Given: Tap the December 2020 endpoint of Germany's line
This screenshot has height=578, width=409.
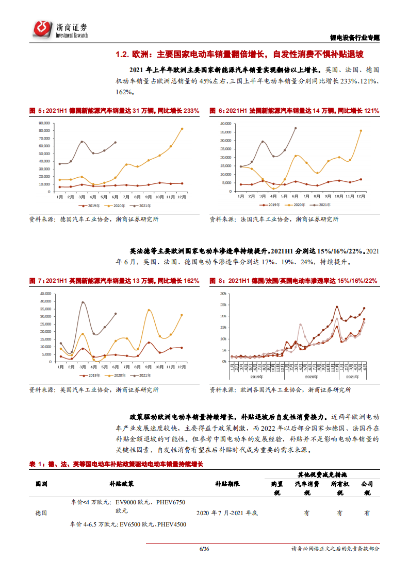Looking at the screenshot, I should (x=182, y=129).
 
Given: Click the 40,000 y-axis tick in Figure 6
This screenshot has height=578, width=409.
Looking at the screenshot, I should (x=227, y=124).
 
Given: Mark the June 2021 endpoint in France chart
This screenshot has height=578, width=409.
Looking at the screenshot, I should (x=296, y=128).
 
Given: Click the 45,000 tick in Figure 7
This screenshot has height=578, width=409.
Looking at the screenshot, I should (x=44, y=294).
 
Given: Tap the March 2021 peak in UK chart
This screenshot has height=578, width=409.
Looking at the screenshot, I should (x=83, y=302).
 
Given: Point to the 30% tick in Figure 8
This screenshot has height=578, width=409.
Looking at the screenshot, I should (x=223, y=294).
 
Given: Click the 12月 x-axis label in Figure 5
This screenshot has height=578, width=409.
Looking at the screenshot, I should (x=182, y=197).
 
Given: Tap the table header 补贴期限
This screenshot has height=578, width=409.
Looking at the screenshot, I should (x=227, y=484).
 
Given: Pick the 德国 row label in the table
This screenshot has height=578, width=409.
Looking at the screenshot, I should (x=41, y=513).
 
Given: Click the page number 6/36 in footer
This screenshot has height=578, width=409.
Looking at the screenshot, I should (x=204, y=549).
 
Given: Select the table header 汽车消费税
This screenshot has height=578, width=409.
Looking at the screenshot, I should (x=307, y=488).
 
